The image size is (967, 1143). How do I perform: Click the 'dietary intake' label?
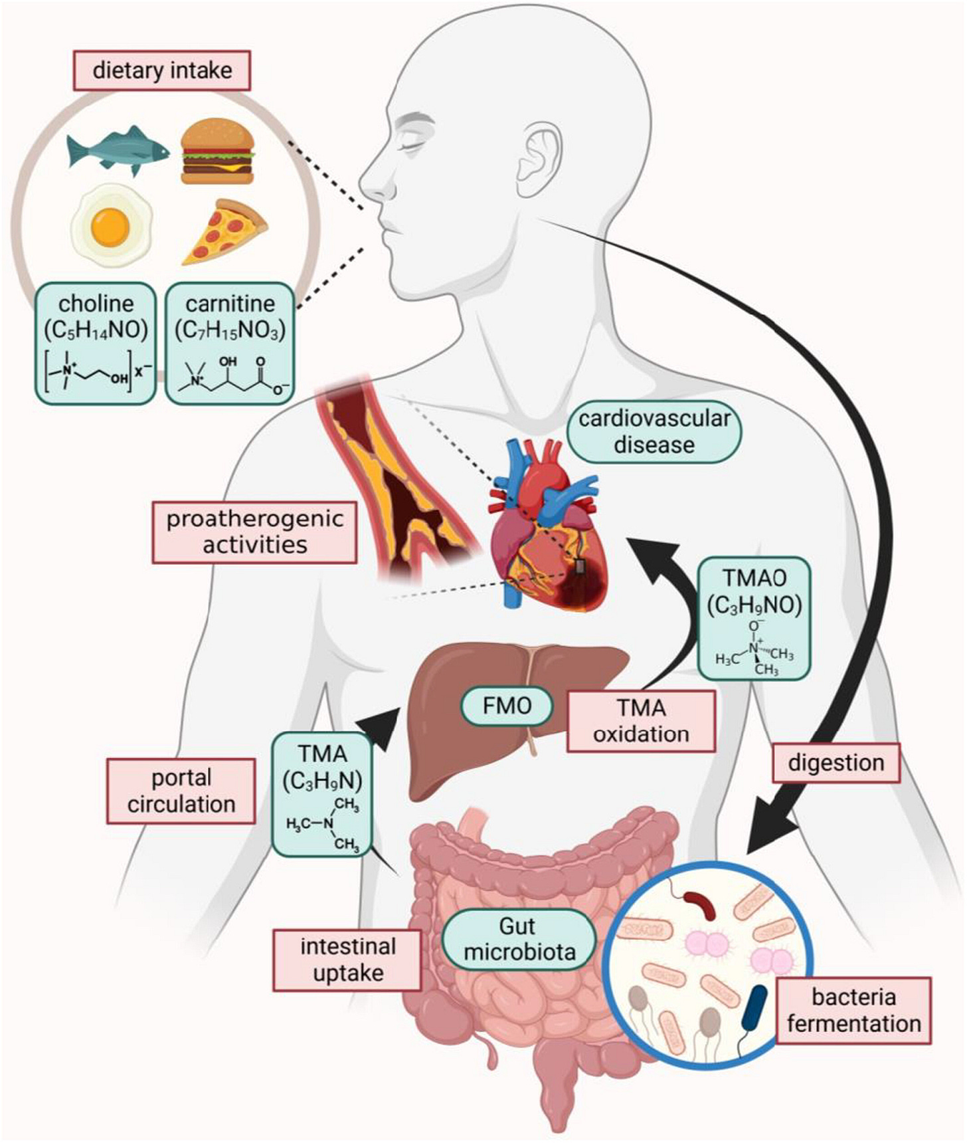pos(162,70)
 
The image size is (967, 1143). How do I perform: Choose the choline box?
pos(96,343)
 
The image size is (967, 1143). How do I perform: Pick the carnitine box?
pos(230,343)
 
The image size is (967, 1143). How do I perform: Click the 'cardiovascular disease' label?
pos(654,432)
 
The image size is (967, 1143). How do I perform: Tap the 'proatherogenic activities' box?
pos(255,532)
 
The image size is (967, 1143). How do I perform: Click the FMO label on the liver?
pos(507,706)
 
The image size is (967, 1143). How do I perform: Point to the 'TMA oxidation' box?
pos(641,721)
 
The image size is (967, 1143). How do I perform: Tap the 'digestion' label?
pos(836,763)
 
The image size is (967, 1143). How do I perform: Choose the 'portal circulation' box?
pos(181,791)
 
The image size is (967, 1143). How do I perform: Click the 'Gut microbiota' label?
pos(519,939)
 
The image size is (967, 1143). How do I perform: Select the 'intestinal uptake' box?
pos(347,960)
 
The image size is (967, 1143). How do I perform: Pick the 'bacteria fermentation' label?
pos(853,1010)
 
